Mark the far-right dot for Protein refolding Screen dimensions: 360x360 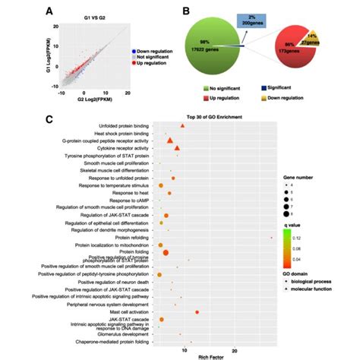tap(272, 238)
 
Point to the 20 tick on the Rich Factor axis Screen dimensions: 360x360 tap(234, 350)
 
